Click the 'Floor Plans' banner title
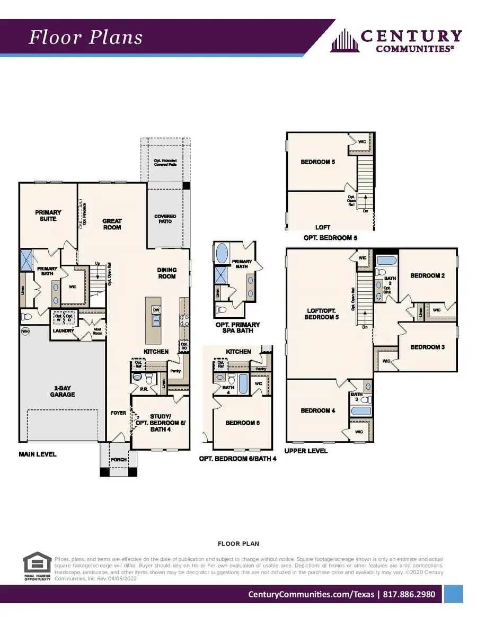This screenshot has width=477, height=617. click(x=85, y=38)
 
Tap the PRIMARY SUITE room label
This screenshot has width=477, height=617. click(x=48, y=216)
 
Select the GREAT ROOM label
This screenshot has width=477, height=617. click(x=112, y=224)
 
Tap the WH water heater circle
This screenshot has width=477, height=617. click(x=25, y=332)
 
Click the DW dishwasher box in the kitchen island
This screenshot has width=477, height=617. click(x=156, y=309)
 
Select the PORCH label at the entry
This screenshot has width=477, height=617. click(x=119, y=460)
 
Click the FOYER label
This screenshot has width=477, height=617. click(x=119, y=413)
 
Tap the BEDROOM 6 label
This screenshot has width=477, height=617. click(x=243, y=423)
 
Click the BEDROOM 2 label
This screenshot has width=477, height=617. click(x=427, y=275)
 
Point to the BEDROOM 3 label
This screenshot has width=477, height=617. click(x=427, y=347)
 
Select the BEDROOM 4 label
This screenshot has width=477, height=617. click(x=318, y=410)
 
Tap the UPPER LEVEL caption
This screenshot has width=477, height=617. click(x=306, y=451)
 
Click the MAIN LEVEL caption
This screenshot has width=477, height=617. click(x=38, y=454)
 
